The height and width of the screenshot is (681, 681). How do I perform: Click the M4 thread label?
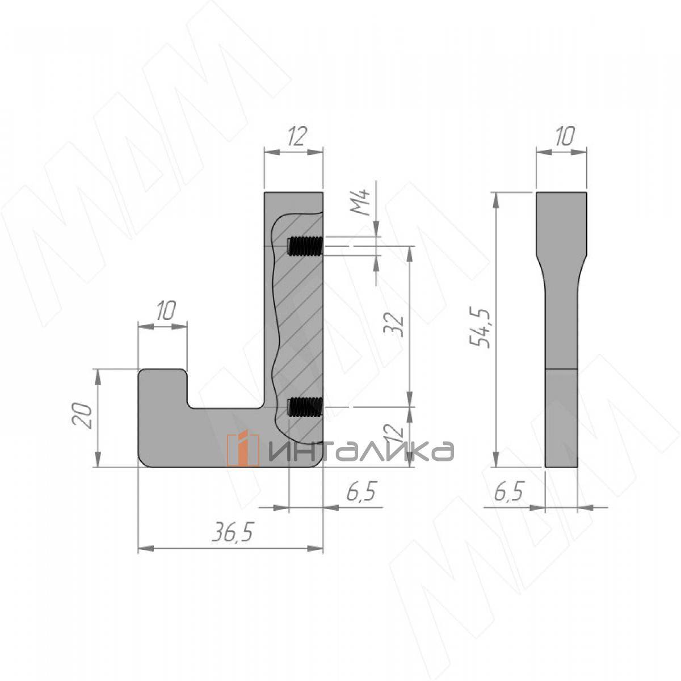pos(360,202)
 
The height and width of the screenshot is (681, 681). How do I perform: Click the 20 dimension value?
pos(82,415)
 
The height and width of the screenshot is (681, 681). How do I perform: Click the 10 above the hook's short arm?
pos(165,310)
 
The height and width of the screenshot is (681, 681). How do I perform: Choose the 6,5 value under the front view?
pos(360,491)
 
